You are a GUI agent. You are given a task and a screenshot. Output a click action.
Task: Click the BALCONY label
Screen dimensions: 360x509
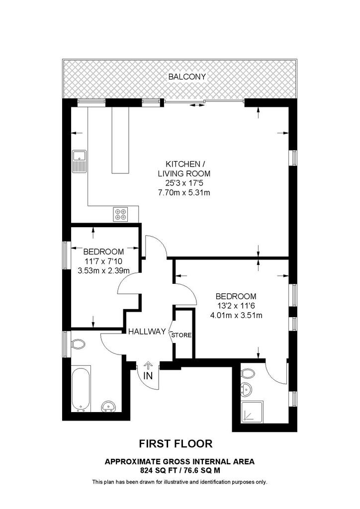pos(187,77)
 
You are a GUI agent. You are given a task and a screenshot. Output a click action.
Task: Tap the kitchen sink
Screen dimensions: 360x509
pos(80,162)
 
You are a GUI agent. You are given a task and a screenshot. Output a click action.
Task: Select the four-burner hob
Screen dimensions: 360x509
pos(121,214)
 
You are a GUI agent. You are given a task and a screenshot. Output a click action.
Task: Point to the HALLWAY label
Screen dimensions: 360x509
pos(147,332)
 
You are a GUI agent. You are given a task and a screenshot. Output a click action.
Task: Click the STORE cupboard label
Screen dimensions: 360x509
pos(181,335)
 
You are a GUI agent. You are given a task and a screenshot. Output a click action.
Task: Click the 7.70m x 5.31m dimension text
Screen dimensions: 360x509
pos(184,192)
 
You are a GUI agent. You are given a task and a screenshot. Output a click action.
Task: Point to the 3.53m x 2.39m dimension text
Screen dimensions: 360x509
pos(103,270)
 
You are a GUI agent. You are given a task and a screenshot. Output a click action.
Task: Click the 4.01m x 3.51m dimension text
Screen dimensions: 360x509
pos(236,315)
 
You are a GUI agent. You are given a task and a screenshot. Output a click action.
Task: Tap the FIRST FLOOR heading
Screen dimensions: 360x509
pos(176,443)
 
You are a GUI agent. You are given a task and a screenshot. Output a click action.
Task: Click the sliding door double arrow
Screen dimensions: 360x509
pos(195,105)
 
